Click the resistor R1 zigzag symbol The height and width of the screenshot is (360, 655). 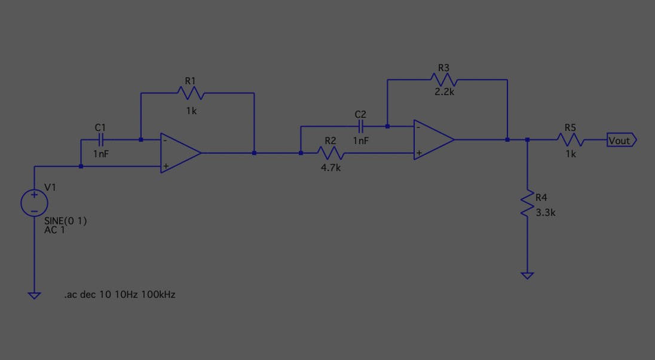(x=190, y=93)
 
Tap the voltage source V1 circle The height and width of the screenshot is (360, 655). (x=34, y=203)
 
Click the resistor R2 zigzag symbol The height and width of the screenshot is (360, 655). (x=330, y=153)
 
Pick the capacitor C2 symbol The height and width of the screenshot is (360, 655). (x=360, y=126)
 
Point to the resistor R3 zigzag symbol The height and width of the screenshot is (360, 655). (x=443, y=80)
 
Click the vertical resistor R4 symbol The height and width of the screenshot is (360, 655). (x=527, y=204)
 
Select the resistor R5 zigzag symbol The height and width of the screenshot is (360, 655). (x=570, y=140)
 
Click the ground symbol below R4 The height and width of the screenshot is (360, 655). (x=527, y=275)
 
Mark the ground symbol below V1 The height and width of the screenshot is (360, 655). (x=34, y=295)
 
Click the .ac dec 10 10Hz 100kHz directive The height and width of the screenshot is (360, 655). (x=120, y=295)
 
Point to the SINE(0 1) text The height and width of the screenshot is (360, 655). (x=66, y=221)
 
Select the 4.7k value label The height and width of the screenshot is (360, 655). (x=330, y=168)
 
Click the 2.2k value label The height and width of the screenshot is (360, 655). (x=444, y=93)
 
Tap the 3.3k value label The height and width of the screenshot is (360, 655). (x=546, y=212)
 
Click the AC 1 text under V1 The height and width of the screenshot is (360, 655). (x=55, y=230)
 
